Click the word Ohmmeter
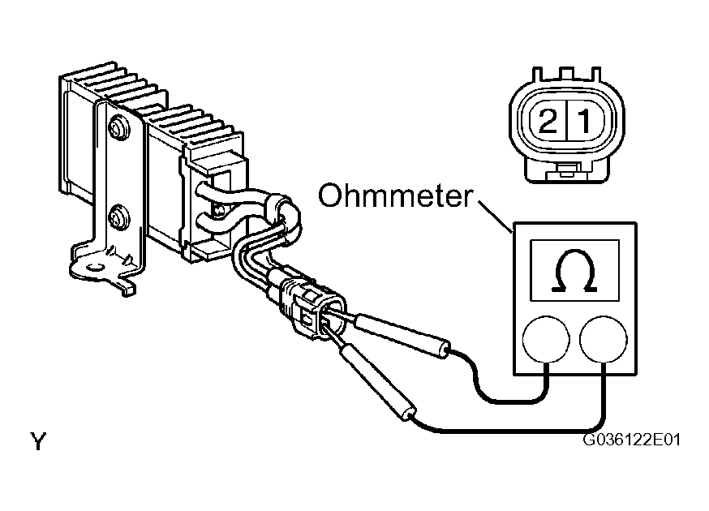[396, 195]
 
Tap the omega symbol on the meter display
[574, 270]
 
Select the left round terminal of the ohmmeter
[546, 340]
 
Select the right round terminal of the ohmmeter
[604, 340]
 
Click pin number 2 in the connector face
[548, 121]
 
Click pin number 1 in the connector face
[585, 121]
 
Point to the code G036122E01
[631, 440]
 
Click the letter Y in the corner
[38, 441]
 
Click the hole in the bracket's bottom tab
[95, 266]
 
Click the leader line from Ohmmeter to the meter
[495, 217]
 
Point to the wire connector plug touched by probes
[312, 308]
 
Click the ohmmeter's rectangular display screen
[574, 270]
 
